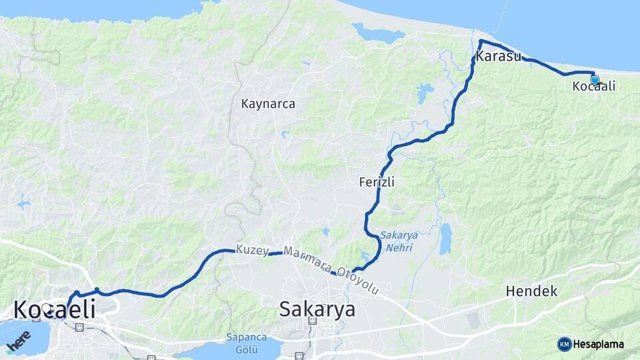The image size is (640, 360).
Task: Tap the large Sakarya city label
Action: coord(317,309)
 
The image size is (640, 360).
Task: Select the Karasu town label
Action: coord(498,56)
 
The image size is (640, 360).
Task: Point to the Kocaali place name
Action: coord(593,86)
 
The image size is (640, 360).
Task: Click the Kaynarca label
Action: coord(268,104)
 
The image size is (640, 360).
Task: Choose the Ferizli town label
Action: coord(377,181)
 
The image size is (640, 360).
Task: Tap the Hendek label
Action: coord(531,291)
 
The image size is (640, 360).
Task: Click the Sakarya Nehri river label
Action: coord(399,241)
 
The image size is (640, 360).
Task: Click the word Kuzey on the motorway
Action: coord(251,251)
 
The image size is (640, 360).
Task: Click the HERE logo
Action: coord(17,341)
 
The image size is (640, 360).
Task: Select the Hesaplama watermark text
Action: coord(598,344)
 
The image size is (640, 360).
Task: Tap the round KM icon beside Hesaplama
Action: coord(564,344)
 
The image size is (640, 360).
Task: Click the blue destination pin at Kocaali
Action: coord(595,80)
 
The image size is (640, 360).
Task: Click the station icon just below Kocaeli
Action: coord(80,327)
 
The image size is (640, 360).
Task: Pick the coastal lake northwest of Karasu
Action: coord(378,32)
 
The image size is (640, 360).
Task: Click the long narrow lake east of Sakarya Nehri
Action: coord(445,238)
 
